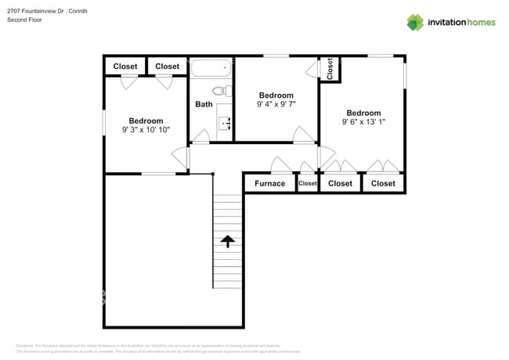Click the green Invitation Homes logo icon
(x=415, y=22)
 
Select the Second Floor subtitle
(x=23, y=20)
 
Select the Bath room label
(x=204, y=104)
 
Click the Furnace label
(x=269, y=183)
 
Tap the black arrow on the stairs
(x=229, y=241)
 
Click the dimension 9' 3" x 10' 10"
(x=146, y=130)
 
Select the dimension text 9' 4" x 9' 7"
(x=276, y=104)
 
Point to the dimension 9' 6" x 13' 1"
(x=363, y=121)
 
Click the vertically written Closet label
(x=330, y=69)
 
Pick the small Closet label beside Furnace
(x=308, y=183)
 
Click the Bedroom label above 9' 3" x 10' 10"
(x=146, y=121)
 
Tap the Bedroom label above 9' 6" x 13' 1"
(x=363, y=113)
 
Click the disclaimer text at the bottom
(x=149, y=348)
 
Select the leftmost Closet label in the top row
(x=125, y=67)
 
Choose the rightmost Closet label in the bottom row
(x=383, y=183)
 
